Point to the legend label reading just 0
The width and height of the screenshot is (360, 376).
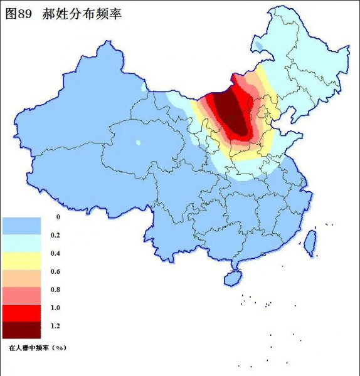coord(58,217)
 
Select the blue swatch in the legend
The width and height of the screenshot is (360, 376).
coord(21,225)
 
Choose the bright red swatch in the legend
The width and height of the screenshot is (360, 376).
coord(21,312)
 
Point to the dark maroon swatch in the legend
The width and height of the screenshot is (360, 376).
coord(21,329)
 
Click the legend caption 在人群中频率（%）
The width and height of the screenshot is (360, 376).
coord(38,346)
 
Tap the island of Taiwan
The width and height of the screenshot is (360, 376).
coord(309,243)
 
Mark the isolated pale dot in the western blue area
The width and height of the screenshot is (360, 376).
coord(138,143)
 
